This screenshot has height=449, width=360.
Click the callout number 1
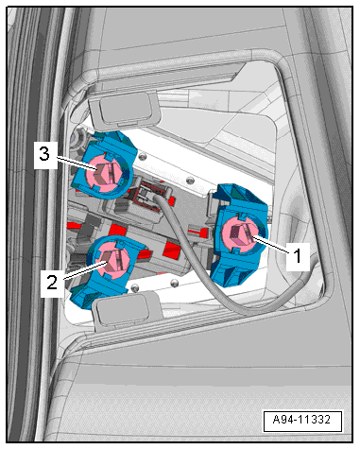298,256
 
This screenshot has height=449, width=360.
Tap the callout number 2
52,282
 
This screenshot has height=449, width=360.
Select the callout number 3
44,154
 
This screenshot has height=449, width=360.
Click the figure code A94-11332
301,420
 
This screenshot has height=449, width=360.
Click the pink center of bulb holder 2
112,259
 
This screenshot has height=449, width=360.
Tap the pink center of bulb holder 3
105,173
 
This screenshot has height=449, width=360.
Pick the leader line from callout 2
84,269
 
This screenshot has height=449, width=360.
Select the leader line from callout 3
77,164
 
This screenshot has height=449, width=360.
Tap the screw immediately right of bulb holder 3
144,157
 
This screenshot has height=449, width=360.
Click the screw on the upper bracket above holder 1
190,180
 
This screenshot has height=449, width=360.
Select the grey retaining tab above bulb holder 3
125,109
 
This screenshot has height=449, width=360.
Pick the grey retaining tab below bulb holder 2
125,310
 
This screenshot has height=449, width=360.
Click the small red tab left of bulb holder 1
198,233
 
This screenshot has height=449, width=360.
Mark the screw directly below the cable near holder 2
174,284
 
